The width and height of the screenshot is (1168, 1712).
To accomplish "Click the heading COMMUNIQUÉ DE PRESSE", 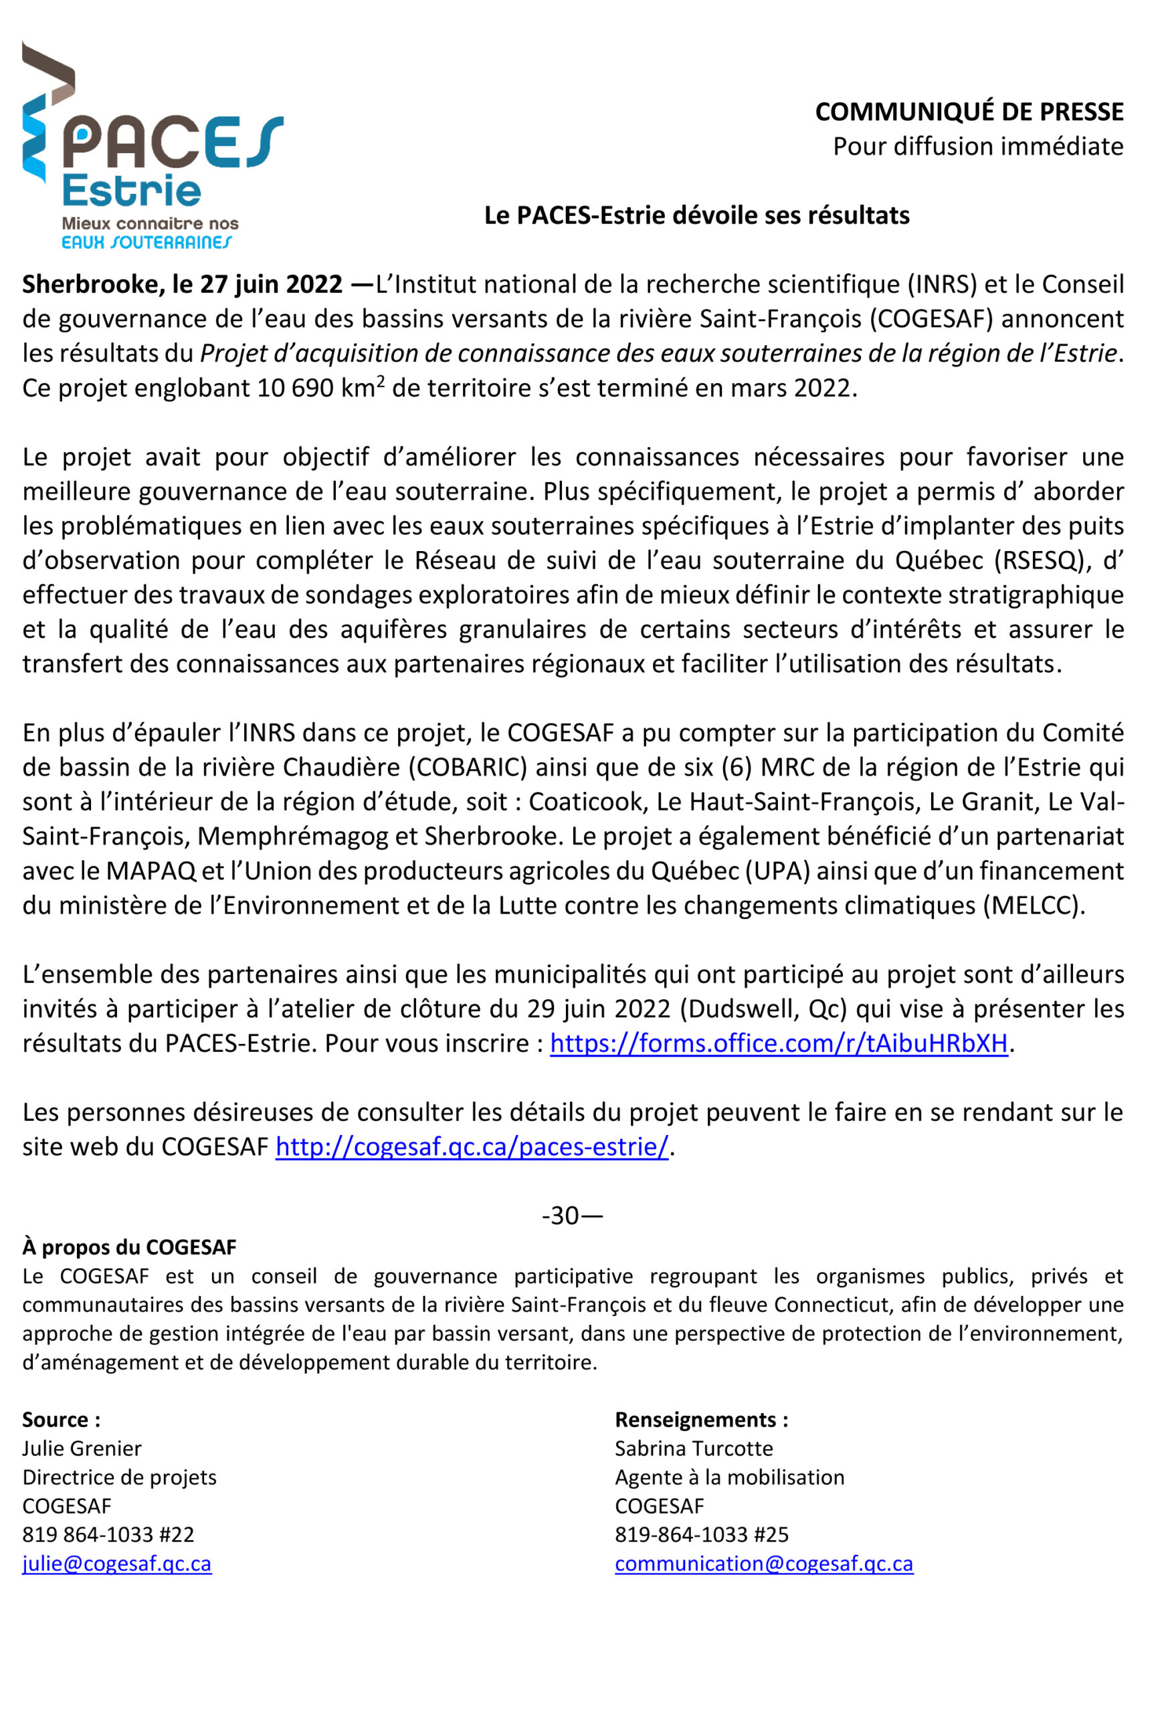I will (968, 112).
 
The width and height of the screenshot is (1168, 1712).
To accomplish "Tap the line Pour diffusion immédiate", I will (977, 146).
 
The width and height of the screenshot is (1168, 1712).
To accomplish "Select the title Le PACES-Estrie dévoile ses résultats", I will (696, 215).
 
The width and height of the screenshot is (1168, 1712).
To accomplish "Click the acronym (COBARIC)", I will (468, 768).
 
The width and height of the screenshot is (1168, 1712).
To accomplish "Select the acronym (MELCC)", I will (1033, 905).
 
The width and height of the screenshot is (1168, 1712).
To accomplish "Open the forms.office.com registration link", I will (778, 1043).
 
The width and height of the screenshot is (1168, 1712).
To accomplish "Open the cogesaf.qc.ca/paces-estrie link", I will (472, 1147).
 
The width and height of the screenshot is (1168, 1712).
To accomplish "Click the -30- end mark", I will (572, 1216).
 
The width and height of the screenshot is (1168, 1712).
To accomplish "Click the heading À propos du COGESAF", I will (129, 1247).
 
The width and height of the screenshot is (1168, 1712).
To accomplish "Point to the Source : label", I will (61, 1420).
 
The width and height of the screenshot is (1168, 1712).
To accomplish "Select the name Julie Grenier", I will (82, 1449).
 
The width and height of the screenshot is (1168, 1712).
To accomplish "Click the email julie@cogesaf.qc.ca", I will (116, 1563).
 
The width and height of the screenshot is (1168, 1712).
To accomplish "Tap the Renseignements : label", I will (701, 1420).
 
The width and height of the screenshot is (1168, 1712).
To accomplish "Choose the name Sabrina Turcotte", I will (694, 1449).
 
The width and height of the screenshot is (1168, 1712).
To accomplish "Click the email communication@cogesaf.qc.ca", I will (763, 1563).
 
